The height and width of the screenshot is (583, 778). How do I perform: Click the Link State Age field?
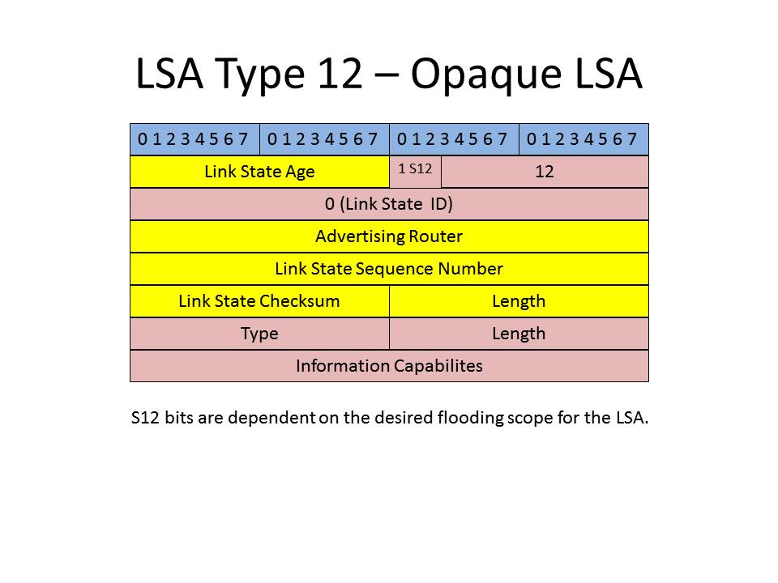pyautogui.click(x=259, y=172)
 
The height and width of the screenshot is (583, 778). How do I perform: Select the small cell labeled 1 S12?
pyautogui.click(x=415, y=172)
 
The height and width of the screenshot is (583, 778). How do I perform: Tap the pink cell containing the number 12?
pyautogui.click(x=545, y=172)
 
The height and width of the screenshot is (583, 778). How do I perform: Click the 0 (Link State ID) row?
pyautogui.click(x=390, y=204)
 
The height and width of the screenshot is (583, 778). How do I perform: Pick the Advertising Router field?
pyautogui.click(x=390, y=236)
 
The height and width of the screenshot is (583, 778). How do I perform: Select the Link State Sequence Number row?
pyautogui.click(x=390, y=269)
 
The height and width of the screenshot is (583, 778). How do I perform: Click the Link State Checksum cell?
pyautogui.click(x=259, y=301)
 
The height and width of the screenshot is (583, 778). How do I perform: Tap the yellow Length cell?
pyautogui.click(x=519, y=301)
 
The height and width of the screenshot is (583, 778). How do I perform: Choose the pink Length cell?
pyautogui.click(x=519, y=334)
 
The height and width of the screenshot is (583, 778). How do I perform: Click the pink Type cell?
pyautogui.click(x=259, y=334)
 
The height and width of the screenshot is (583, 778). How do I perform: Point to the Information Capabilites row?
pyautogui.click(x=390, y=366)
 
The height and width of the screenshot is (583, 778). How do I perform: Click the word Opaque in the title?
pyautogui.click(x=486, y=75)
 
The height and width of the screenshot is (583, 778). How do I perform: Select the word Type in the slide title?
pyautogui.click(x=259, y=75)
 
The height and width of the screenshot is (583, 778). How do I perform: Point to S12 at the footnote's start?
pyautogui.click(x=145, y=418)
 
